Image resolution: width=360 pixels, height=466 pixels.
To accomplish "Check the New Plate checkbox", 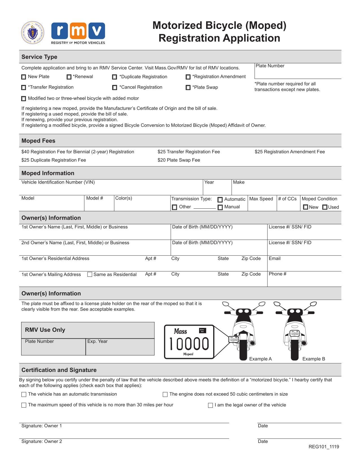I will click(24, 77).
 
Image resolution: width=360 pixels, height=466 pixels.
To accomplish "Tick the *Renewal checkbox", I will click(69, 77).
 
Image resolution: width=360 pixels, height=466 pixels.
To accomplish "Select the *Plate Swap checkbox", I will click(188, 88).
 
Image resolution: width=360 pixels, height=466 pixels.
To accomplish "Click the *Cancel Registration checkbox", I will click(114, 88).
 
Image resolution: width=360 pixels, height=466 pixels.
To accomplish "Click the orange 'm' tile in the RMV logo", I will click(78, 31).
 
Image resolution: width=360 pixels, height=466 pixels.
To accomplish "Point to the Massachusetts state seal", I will click(32, 32).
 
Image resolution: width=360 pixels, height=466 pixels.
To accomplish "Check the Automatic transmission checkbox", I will click(220, 200).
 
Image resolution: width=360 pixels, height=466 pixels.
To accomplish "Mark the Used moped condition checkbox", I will click(325, 207).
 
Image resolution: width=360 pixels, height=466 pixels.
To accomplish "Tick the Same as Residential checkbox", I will click(90, 275).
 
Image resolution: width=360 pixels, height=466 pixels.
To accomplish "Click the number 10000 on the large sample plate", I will click(189, 344).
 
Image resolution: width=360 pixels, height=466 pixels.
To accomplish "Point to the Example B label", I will click(313, 359).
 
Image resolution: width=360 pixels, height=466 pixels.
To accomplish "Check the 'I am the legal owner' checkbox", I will click(210, 406).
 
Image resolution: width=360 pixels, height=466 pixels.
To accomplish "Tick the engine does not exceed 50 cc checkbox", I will click(165, 395).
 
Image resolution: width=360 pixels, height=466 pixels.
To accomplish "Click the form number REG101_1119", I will click(324, 447).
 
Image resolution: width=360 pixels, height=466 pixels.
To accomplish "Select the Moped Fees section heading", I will click(38, 141).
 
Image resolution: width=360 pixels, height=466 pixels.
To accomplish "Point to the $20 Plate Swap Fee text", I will click(179, 160).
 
